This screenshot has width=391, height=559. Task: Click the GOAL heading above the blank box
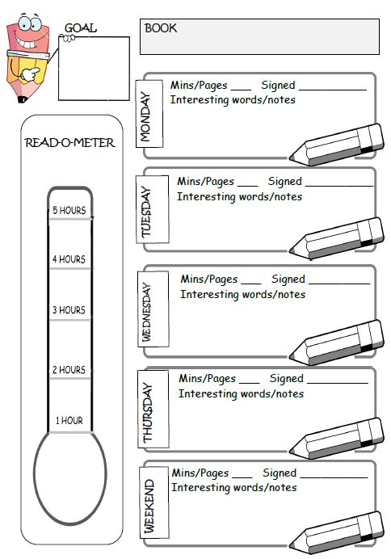80,27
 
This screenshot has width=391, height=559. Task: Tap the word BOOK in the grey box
161,28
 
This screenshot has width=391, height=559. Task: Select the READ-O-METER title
69,143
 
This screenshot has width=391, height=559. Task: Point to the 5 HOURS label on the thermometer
69,210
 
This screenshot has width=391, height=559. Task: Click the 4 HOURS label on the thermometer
69,259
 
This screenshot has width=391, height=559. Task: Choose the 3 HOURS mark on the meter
69,310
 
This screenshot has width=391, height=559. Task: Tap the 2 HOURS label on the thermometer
69,370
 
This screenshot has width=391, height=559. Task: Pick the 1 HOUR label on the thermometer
69,421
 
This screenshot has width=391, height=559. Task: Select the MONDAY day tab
149,114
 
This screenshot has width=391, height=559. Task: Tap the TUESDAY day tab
152,210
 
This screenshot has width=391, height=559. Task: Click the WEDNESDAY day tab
153,309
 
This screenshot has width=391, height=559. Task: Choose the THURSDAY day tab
153,409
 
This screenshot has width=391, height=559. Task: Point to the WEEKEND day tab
153,502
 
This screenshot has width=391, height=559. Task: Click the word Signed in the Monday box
278,86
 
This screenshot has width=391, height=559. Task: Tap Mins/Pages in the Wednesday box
209,279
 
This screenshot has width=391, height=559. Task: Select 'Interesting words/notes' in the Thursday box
241,393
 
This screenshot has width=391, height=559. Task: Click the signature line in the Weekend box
334,477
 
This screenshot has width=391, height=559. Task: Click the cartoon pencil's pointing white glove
30,74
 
